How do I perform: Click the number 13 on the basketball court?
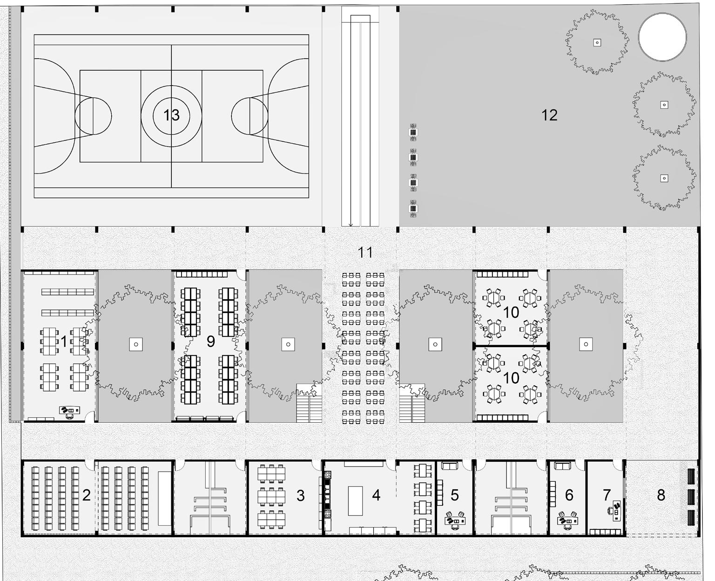(x=171, y=115)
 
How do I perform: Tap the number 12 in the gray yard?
(x=549, y=115)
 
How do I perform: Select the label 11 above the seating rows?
(x=365, y=253)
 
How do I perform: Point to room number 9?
(x=211, y=341)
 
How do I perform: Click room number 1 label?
(x=64, y=342)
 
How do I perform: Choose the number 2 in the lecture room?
(x=86, y=495)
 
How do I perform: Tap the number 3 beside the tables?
(x=301, y=496)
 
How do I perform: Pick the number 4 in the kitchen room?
(x=376, y=495)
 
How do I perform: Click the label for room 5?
(x=455, y=495)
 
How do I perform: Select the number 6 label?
(x=569, y=495)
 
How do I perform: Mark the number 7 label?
(x=607, y=495)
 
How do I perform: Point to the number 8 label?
(x=661, y=495)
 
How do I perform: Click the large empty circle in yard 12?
(x=662, y=37)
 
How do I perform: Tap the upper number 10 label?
(x=511, y=313)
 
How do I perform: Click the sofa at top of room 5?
(x=449, y=466)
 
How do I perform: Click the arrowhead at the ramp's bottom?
(x=351, y=225)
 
